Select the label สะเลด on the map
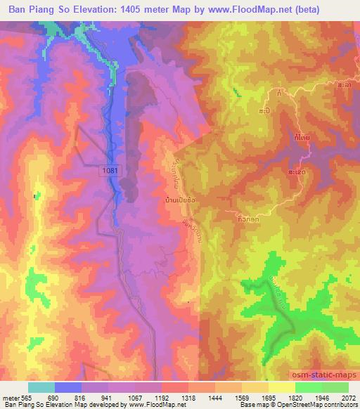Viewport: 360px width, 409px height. [297, 171]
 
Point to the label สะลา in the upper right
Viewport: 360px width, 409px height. [345, 84]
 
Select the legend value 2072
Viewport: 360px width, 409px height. [349, 397]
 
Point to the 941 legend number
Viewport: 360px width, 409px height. [108, 397]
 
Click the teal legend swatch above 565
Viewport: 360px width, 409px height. [41, 387]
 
